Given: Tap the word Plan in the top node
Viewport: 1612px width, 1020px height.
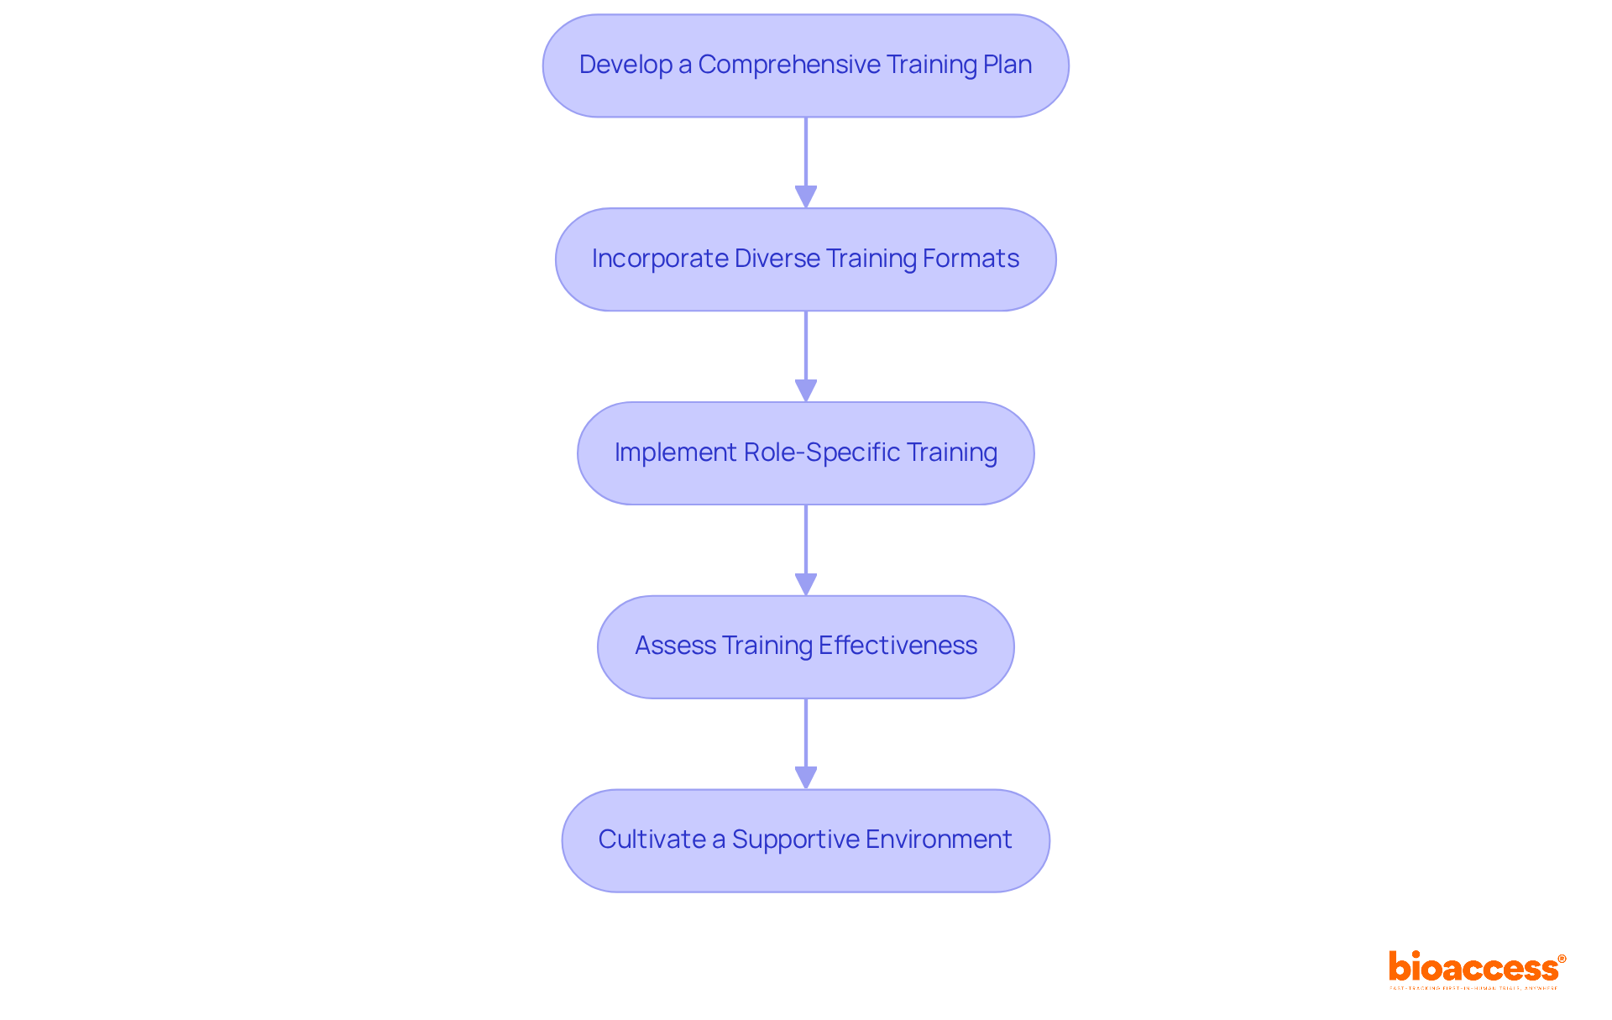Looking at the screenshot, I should pos(1007,65).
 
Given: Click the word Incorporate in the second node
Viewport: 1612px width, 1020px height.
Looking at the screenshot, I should pos(660,259).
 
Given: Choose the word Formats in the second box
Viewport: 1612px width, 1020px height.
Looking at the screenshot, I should pos(971,259).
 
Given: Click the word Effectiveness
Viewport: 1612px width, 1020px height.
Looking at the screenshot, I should pos(898,646).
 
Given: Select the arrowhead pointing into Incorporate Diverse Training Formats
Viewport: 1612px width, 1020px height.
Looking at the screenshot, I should pos(806,197).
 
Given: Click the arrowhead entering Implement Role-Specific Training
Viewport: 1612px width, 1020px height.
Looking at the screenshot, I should pos(806,391).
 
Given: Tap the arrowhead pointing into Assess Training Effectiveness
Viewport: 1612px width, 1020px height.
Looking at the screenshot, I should pos(806,585).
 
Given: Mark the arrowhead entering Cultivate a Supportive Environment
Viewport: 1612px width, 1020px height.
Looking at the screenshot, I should pos(806,778).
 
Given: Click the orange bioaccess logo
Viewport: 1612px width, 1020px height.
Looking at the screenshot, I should pos(1473,968).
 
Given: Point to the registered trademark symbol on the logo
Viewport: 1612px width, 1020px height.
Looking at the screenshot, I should pos(1562,959).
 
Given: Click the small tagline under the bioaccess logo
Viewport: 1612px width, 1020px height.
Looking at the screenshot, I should pos(1473,988).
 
